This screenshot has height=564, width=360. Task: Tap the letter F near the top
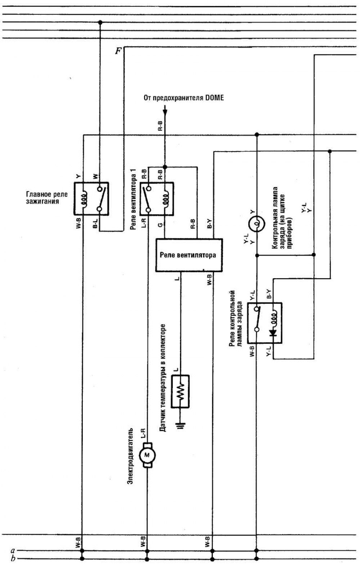tap(118, 51)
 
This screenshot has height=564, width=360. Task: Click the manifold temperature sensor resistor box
tap(180, 392)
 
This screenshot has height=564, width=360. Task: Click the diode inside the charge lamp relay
tap(273, 333)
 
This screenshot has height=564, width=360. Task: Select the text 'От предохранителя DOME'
tap(184, 98)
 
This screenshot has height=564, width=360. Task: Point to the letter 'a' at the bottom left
tap(13, 550)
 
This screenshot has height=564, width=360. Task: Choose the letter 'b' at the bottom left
tap(13, 559)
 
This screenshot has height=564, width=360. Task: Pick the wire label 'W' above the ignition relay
tap(95, 176)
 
